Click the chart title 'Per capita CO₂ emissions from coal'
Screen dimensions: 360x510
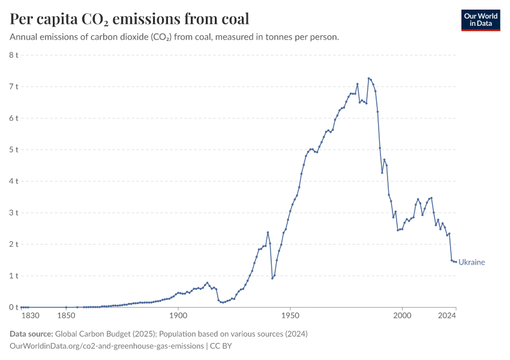click(x=130, y=19)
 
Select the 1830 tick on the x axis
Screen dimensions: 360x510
click(x=30, y=316)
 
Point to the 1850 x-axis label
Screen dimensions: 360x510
click(x=66, y=316)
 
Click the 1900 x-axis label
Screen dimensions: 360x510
click(x=178, y=316)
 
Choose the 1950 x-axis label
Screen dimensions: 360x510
click(x=290, y=316)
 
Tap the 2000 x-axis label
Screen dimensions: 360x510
click(x=402, y=316)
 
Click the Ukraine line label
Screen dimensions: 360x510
click(x=472, y=262)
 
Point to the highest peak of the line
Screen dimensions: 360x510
click(x=368, y=78)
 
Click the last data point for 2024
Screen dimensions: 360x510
click(x=456, y=262)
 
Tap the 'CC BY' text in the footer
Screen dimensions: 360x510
click(x=223, y=346)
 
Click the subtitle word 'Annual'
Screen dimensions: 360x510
click(x=23, y=37)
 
